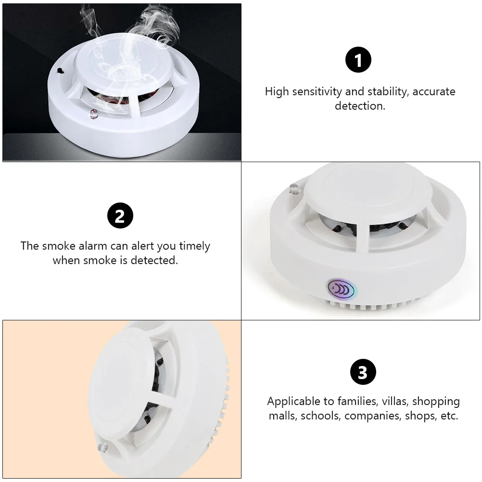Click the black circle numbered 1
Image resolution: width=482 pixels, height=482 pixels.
coord(358,61)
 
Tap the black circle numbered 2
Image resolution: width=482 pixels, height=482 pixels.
coord(120,216)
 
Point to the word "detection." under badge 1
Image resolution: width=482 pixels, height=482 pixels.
coord(360,106)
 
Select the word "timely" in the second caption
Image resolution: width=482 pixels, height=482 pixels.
coord(194,246)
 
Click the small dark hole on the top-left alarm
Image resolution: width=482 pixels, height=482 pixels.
coord(61,71)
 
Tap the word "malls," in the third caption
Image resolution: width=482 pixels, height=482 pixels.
coord(283,416)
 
